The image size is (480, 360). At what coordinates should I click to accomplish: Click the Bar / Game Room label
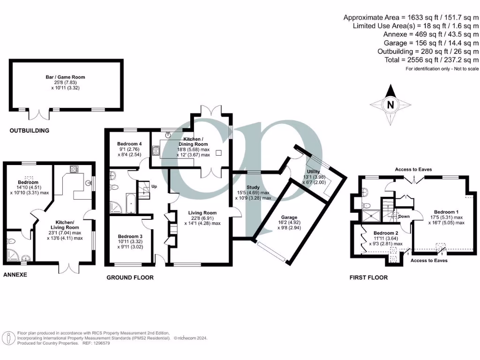click(x=68, y=77)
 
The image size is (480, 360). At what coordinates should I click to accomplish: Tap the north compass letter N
click(x=390, y=105)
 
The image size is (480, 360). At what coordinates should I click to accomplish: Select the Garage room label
click(x=289, y=217)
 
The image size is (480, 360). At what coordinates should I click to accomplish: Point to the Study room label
click(x=253, y=187)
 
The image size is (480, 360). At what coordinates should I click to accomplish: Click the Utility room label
click(x=313, y=172)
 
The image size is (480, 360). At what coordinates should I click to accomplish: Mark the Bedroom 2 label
click(x=385, y=233)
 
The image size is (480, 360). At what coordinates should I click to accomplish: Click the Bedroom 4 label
click(x=130, y=144)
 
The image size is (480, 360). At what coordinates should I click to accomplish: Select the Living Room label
click(x=202, y=213)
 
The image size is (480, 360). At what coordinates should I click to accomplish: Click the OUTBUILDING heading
click(x=30, y=131)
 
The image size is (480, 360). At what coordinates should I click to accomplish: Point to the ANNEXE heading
click(x=15, y=274)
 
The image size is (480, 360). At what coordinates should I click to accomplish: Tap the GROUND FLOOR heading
click(x=130, y=277)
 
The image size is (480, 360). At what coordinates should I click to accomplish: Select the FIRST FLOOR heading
click(x=368, y=277)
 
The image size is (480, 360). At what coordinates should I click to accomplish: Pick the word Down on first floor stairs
click(x=404, y=217)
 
